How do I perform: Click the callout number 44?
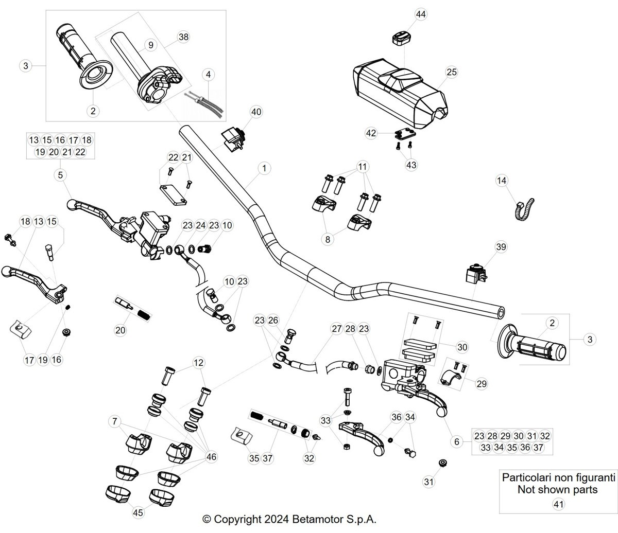421,14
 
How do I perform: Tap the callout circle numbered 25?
452,72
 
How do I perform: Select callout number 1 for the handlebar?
264,168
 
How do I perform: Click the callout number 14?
502,181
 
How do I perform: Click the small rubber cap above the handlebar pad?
401,39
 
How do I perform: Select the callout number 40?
256,112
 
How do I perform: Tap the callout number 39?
501,247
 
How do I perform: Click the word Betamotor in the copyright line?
318,519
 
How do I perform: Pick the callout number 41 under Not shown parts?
558,505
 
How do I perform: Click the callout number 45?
138,513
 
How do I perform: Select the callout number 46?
211,457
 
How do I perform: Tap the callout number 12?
198,363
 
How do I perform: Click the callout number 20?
120,330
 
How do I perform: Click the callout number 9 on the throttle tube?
151,45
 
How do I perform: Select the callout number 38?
183,37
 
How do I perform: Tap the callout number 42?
371,133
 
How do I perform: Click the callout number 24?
201,225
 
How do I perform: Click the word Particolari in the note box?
526,477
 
